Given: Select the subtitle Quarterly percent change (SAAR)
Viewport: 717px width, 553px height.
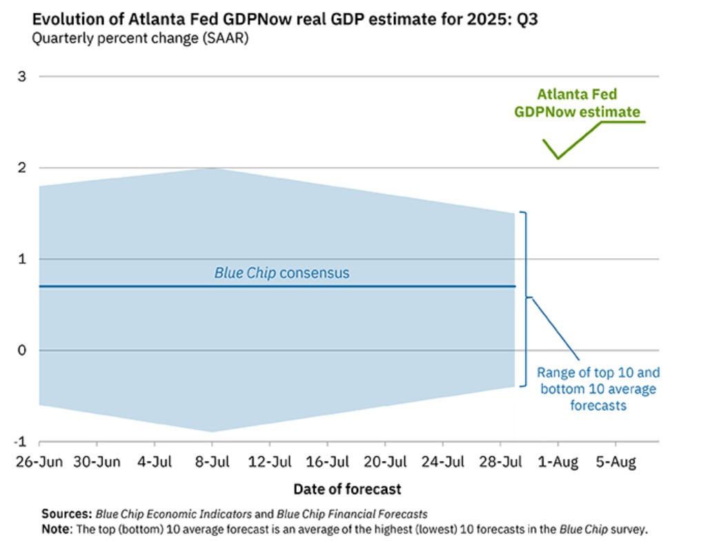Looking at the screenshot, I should click(x=140, y=38).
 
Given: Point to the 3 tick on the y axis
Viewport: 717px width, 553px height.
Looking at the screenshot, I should click(x=21, y=76).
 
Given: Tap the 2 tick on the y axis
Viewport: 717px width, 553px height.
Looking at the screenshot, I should click(x=21, y=168).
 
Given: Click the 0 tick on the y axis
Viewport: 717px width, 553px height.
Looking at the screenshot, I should click(x=21, y=350).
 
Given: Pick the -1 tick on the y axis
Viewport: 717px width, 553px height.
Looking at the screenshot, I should click(x=20, y=442).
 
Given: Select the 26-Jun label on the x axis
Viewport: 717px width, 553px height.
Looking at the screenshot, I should click(x=39, y=462).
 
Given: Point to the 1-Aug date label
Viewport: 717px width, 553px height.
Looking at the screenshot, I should click(x=558, y=462).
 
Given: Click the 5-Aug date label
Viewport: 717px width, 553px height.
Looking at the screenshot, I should click(x=615, y=462).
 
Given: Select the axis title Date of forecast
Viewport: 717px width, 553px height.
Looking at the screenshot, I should click(x=347, y=489).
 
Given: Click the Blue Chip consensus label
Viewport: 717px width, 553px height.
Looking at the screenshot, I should click(x=282, y=273).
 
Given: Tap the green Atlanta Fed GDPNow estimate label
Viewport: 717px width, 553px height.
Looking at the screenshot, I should click(x=577, y=103).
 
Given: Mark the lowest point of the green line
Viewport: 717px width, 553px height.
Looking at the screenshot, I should click(x=558, y=158).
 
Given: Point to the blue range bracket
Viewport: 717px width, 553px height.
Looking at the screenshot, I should click(x=526, y=298).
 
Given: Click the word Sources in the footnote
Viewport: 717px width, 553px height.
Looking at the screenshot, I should click(x=66, y=514).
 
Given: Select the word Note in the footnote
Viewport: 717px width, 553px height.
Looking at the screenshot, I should click(x=57, y=530).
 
